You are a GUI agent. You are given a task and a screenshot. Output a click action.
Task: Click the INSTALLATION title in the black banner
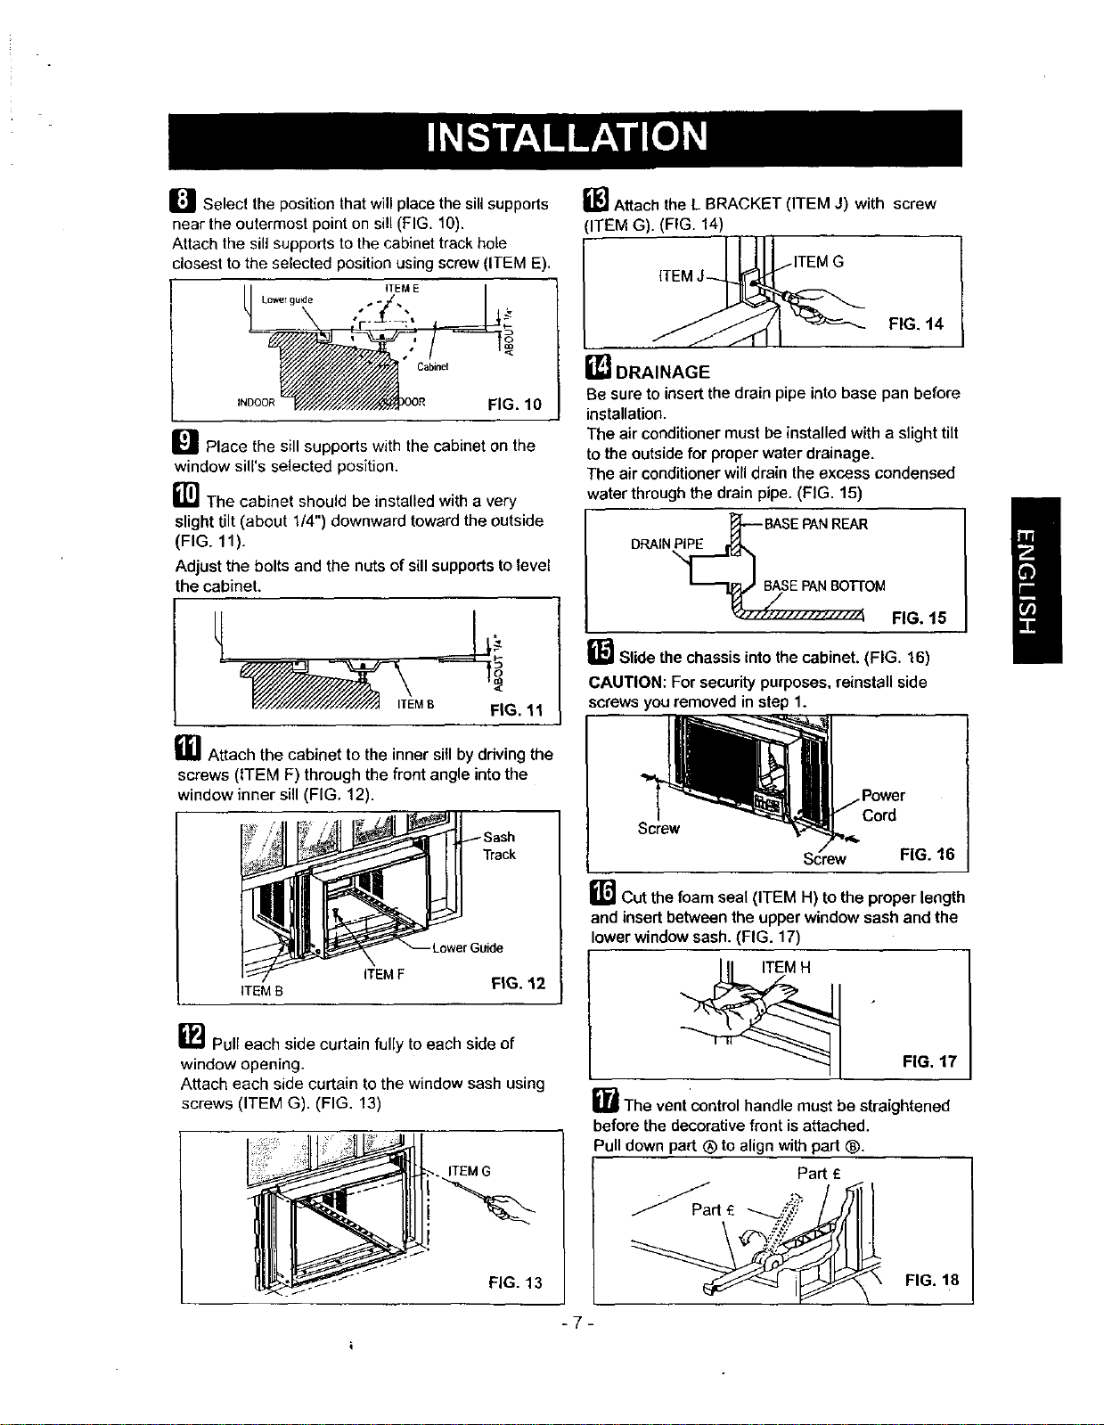point(567,137)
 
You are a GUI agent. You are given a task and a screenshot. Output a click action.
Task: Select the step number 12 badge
point(192,1036)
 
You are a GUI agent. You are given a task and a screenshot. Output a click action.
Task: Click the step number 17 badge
point(605,1099)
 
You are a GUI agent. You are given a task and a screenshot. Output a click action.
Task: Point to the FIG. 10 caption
point(515,404)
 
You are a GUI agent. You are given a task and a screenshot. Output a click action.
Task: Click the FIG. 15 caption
point(920,618)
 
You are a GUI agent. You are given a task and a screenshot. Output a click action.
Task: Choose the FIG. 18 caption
point(931,1280)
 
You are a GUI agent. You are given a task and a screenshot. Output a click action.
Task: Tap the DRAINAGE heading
point(663,372)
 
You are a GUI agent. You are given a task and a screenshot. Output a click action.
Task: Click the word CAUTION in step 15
point(626,682)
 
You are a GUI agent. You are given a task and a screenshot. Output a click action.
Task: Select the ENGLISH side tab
point(1035,580)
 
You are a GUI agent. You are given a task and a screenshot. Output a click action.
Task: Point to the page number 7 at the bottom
point(577,1322)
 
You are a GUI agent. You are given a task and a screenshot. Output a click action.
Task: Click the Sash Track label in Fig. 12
point(500,846)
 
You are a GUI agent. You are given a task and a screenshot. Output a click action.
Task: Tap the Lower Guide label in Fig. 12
point(468,947)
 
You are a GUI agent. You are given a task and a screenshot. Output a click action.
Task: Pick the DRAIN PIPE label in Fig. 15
point(666,544)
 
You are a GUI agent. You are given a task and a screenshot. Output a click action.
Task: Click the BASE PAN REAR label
point(816,524)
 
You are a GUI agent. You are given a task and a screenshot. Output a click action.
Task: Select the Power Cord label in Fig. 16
point(882,805)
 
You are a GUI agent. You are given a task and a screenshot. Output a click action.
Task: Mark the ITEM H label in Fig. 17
point(786,967)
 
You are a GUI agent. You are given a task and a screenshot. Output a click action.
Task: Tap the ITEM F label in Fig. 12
point(383,974)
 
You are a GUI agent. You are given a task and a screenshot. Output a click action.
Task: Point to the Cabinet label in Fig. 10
point(433,366)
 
